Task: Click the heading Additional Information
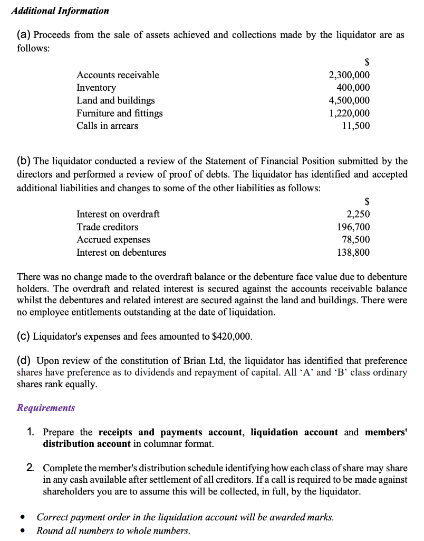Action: tap(60, 11)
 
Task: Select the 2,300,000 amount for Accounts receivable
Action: tap(349, 75)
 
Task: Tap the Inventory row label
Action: tap(97, 88)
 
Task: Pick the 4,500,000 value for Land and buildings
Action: tap(349, 100)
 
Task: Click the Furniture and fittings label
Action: tap(120, 113)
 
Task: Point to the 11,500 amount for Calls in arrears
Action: tap(356, 126)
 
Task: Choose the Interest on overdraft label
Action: tap(118, 214)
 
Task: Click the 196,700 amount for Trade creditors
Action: tap(353, 227)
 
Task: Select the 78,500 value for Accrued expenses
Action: tap(356, 240)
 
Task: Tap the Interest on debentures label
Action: tap(121, 253)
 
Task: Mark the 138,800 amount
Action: tap(353, 253)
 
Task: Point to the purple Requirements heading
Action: tap(46, 408)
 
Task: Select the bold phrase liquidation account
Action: tap(294, 432)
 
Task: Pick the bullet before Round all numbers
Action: tap(22, 531)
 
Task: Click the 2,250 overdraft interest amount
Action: tap(358, 214)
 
